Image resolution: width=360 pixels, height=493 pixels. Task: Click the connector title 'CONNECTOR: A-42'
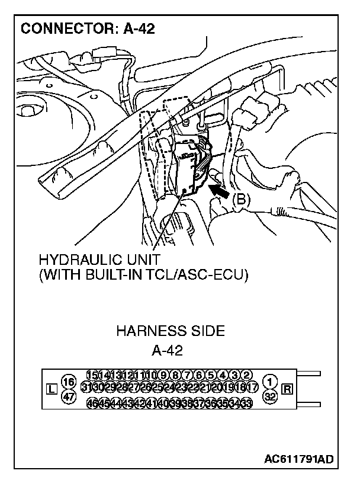(88, 28)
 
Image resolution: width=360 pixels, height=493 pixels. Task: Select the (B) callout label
(240, 200)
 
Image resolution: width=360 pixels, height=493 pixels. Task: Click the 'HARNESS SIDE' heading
(170, 331)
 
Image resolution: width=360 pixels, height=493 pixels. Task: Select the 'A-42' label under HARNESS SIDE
(167, 350)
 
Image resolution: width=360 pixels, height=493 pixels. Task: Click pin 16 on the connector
(69, 381)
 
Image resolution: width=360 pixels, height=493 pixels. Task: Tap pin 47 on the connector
(69, 397)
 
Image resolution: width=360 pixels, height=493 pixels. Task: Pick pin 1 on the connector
(270, 381)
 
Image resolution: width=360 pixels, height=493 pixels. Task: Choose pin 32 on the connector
(270, 397)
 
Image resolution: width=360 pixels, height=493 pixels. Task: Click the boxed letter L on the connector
(52, 389)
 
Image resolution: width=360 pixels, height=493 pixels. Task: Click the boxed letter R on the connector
(288, 389)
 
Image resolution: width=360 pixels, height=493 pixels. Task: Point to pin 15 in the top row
(92, 374)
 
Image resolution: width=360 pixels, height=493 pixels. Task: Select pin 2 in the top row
(247, 374)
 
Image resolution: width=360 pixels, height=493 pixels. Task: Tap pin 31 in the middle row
(86, 388)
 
